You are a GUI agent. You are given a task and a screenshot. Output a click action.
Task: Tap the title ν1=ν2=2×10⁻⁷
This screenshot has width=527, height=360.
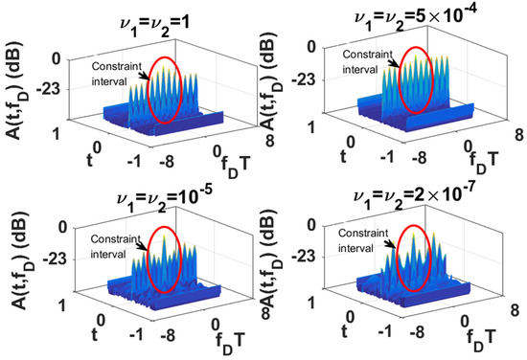(404, 193)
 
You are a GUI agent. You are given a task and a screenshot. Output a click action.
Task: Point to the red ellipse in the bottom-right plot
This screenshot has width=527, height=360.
(414, 256)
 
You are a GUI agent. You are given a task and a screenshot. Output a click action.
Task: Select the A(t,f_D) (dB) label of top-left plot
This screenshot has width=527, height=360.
(17, 91)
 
